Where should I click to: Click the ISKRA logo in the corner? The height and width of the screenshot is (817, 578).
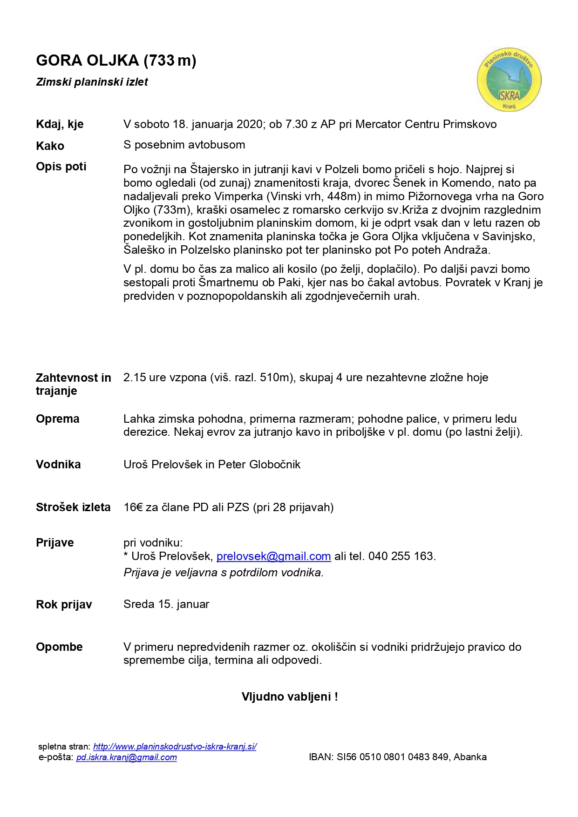pyautogui.click(x=509, y=80)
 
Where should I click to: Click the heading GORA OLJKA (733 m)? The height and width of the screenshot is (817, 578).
pyautogui.click(x=116, y=61)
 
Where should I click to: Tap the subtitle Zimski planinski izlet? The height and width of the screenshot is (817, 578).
pyautogui.click(x=92, y=82)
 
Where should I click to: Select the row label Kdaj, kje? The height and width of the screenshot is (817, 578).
pyautogui.click(x=60, y=124)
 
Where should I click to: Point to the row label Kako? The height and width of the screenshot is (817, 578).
pyautogui.click(x=50, y=146)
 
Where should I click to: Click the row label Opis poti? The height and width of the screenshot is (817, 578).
pyautogui.click(x=61, y=167)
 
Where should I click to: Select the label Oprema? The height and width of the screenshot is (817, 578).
pyautogui.click(x=57, y=419)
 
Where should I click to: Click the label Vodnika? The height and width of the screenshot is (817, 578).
pyautogui.click(x=58, y=465)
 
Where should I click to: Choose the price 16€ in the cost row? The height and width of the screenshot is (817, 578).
pyautogui.click(x=133, y=507)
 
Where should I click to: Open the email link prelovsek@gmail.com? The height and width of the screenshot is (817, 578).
pyautogui.click(x=273, y=556)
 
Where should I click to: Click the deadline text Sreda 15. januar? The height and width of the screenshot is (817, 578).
pyautogui.click(x=166, y=604)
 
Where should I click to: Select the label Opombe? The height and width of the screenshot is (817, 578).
pyautogui.click(x=59, y=647)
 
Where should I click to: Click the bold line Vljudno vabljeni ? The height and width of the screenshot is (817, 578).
pyautogui.click(x=290, y=697)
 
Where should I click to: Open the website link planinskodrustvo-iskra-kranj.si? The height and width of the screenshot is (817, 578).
pyautogui.click(x=175, y=747)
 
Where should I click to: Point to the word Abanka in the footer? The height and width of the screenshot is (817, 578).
pyautogui.click(x=470, y=757)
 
